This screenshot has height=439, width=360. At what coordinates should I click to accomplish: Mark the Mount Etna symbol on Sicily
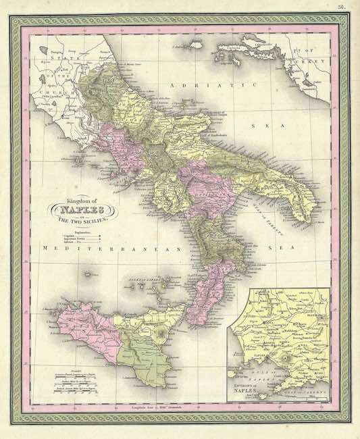pos(160,333)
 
